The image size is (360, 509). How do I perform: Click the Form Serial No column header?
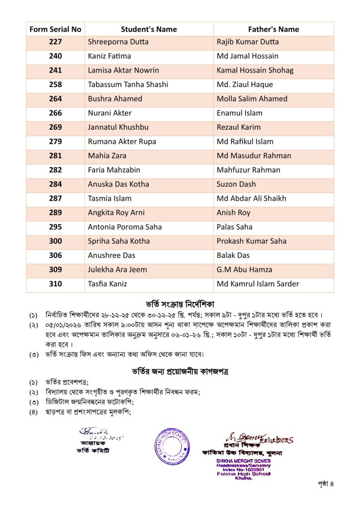(x=55, y=29)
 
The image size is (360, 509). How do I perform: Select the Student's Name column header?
(x=149, y=29)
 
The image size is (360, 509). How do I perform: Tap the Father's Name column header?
(x=273, y=29)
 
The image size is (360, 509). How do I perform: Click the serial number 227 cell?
(x=55, y=42)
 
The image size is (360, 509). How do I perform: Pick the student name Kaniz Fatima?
(x=109, y=56)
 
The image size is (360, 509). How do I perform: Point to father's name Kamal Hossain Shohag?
(x=255, y=70)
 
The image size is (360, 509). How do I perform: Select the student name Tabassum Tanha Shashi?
(x=128, y=85)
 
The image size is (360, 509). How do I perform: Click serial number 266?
(x=55, y=113)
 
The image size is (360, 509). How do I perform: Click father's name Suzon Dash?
(x=236, y=184)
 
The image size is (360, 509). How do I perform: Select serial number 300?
(x=55, y=241)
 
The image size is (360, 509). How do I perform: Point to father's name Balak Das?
(x=233, y=255)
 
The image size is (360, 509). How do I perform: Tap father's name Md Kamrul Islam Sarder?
(x=258, y=284)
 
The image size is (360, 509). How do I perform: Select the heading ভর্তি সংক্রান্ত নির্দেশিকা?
(x=180, y=303)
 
